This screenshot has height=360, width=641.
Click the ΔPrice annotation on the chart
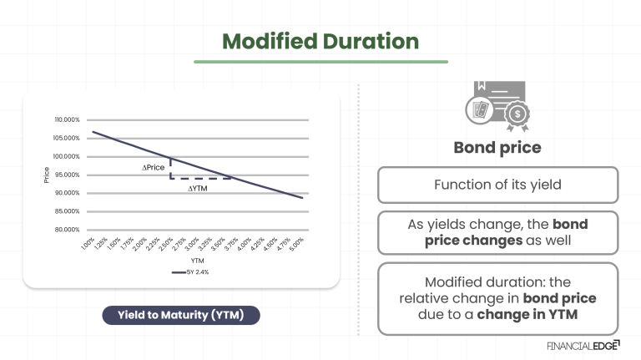(x=154, y=168)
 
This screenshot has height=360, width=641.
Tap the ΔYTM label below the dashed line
(x=198, y=188)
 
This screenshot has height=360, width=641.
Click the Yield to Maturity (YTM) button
(x=180, y=315)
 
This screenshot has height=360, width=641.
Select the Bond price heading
(x=497, y=148)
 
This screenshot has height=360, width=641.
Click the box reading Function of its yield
(x=497, y=185)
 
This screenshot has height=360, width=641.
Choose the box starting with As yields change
(x=497, y=232)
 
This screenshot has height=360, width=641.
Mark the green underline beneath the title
(x=320, y=61)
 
